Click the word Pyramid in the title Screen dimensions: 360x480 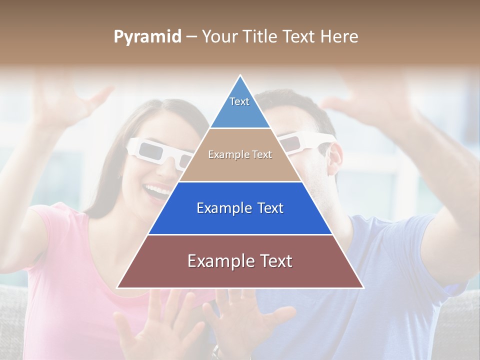coord(147,37)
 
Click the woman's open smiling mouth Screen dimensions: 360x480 coord(157,190)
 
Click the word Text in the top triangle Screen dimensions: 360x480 coord(239,101)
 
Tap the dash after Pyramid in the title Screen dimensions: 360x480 coord(191,37)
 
